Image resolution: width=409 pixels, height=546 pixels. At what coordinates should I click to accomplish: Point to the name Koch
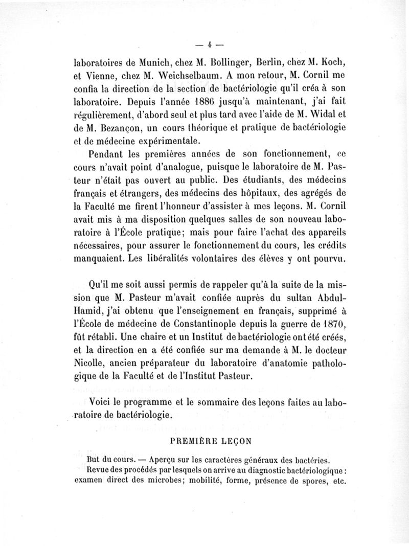[335, 64]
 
